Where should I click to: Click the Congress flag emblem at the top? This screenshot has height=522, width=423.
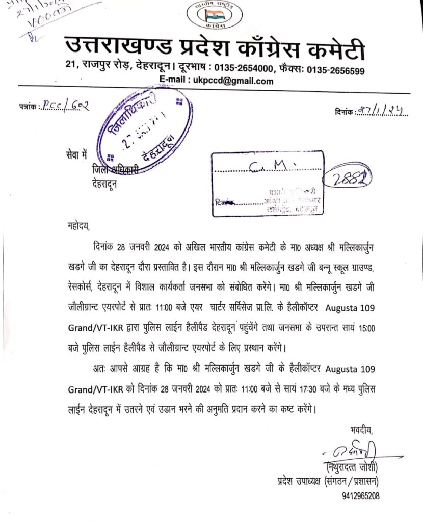click(211, 14)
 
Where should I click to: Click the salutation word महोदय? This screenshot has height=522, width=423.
click(77, 224)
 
